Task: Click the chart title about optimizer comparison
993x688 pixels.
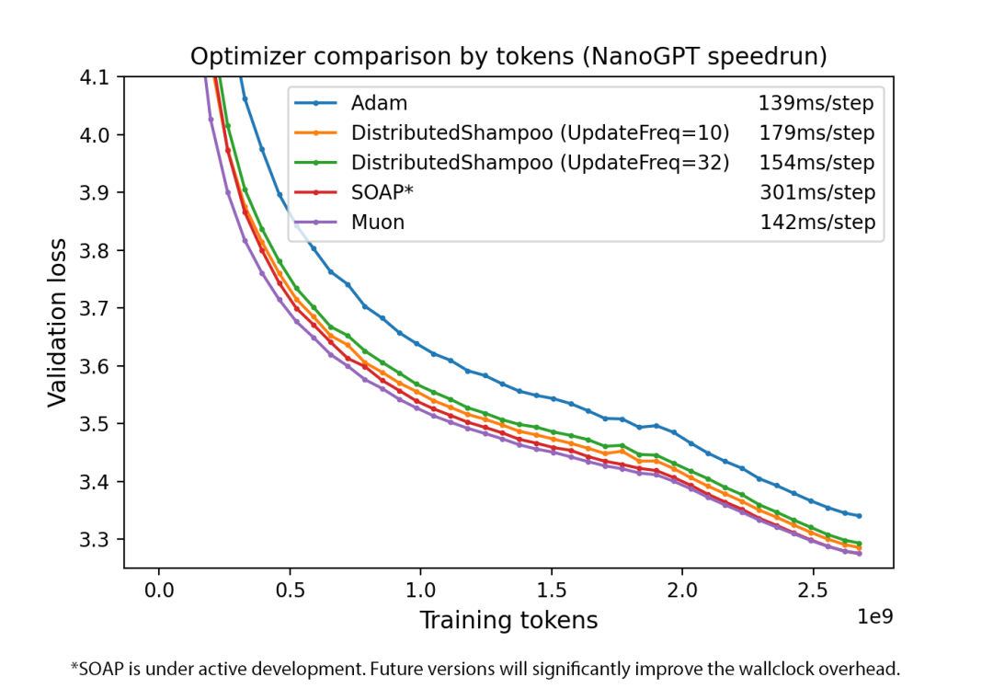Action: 508,56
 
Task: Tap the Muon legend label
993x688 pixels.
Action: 377,222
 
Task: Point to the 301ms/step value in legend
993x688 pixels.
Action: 816,192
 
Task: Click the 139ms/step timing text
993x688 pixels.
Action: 816,103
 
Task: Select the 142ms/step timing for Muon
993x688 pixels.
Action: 816,222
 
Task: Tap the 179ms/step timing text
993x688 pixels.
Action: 816,132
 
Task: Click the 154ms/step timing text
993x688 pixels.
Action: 816,163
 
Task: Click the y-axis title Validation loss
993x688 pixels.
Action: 58,322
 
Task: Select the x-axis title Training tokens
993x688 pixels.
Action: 508,620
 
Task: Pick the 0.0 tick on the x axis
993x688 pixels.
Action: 159,587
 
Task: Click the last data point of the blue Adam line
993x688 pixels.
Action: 859,516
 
